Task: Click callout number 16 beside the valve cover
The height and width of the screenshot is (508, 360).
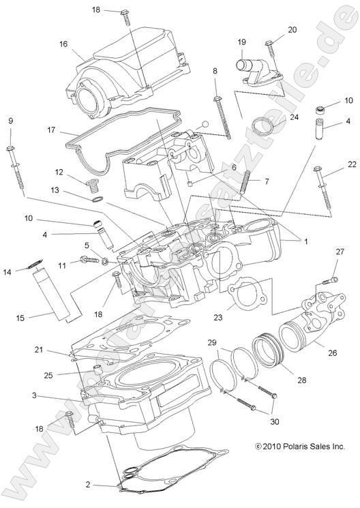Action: point(63,44)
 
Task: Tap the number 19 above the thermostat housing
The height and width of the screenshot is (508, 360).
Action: point(241,42)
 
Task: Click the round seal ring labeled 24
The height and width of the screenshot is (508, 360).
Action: point(262,127)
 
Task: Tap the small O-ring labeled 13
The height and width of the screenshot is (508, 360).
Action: point(97,200)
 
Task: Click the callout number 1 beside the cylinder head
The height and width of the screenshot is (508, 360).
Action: point(306,241)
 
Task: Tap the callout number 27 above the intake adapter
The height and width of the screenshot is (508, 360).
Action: point(340,252)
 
